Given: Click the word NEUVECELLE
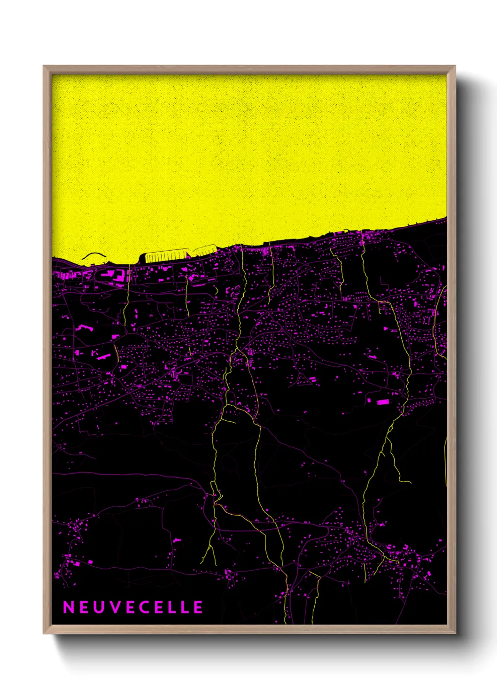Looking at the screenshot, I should click(133, 607).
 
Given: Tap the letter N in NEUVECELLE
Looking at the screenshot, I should click(68, 607).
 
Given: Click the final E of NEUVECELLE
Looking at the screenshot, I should click(198, 607).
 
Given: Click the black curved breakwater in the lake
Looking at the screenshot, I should click(94, 255).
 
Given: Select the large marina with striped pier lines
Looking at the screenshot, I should click(164, 256).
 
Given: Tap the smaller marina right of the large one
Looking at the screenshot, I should click(205, 251).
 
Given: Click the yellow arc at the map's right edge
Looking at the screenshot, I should click(438, 319).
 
